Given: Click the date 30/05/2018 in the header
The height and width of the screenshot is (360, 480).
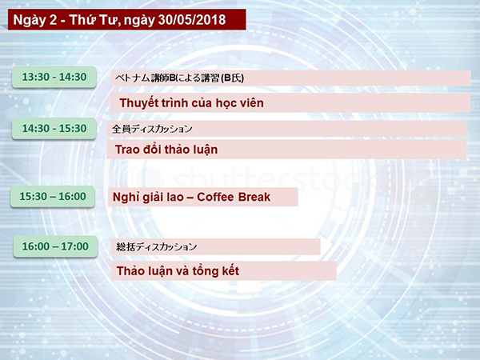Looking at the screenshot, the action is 192,20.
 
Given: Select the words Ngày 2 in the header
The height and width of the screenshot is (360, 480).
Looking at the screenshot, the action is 35,21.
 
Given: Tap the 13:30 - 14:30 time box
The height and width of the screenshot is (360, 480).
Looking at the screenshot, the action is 54,77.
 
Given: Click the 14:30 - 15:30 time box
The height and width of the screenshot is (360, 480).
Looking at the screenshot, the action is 54,128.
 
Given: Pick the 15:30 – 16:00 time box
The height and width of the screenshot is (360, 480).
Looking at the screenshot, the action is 53,196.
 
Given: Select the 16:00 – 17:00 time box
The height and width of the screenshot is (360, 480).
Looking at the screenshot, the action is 55,246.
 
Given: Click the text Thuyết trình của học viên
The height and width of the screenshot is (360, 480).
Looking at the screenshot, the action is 192,103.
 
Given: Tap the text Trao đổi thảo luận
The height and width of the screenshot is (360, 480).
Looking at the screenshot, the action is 166,150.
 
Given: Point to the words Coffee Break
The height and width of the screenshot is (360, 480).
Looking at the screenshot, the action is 234,197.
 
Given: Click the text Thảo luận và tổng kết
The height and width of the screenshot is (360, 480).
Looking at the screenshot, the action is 178,271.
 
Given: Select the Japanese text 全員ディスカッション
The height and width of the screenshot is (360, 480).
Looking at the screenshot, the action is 152,129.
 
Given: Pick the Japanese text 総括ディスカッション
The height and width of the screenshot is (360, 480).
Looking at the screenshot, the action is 157,246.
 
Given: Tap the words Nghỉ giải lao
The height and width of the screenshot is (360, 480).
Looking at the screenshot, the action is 148,198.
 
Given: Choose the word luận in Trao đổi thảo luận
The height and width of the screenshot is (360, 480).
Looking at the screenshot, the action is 206,150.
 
